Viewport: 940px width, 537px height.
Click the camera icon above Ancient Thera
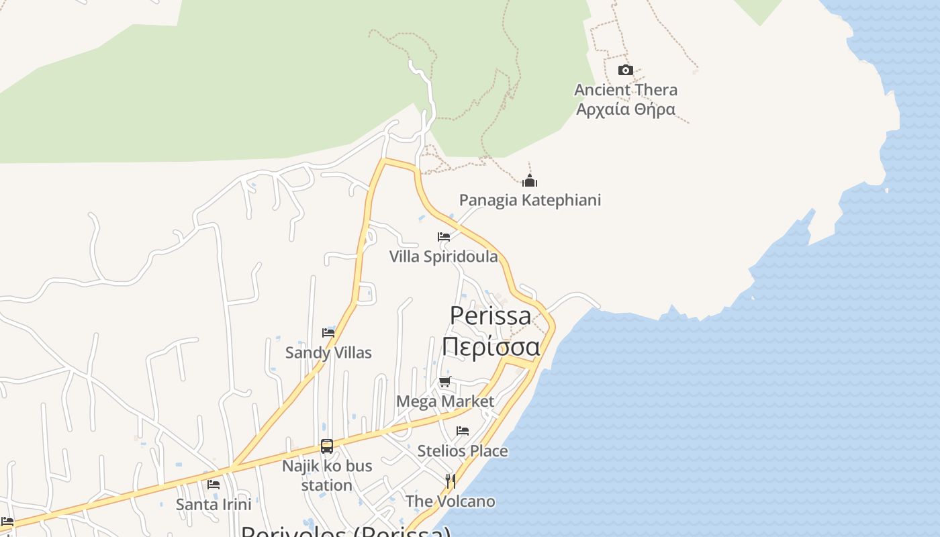pos(625,70)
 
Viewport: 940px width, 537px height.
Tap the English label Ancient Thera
pos(625,90)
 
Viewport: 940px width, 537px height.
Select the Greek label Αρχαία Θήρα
pos(625,109)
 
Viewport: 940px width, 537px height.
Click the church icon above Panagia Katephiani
pos(530,181)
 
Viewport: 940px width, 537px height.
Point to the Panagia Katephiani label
pos(530,200)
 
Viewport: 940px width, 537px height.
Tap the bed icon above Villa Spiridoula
pos(444,237)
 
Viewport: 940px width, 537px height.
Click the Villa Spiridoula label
pos(444,256)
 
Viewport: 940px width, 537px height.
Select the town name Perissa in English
pos(490,315)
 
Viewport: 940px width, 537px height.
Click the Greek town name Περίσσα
pos(491,347)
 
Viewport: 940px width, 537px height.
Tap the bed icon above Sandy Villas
pos(328,332)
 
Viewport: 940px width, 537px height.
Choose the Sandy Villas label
pos(328,352)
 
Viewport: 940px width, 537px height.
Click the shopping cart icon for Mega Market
pos(444,382)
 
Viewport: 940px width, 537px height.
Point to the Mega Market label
pos(445,401)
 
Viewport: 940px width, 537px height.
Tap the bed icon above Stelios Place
pos(463,431)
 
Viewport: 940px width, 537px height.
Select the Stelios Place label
pos(463,451)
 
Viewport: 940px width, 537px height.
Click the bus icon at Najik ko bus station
pos(327,446)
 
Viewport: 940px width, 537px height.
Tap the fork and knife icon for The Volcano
pos(451,481)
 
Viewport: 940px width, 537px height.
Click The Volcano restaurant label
pos(451,501)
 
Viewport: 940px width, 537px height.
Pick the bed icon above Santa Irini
pos(214,484)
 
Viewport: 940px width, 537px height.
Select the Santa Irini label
pos(214,504)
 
